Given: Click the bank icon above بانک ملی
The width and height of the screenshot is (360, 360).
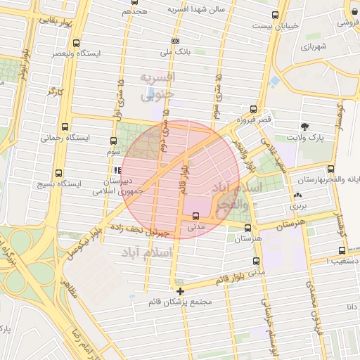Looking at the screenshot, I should (x=175, y=41).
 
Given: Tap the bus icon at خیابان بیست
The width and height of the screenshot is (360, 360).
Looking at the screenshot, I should (x=276, y=15).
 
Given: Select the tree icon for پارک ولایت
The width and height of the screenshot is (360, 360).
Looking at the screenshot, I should (x=304, y=127).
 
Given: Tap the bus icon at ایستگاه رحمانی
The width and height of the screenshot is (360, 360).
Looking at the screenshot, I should (x=65, y=127).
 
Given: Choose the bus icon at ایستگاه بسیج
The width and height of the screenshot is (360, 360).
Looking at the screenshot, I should (x=58, y=172).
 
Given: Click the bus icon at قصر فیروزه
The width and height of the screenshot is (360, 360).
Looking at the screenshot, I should (x=253, y=109).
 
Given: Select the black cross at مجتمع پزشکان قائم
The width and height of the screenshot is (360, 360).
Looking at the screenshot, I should (x=181, y=290).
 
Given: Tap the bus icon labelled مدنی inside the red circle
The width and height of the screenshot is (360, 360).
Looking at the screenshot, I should (x=195, y=217).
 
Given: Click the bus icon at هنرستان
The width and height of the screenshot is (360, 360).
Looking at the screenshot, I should (x=247, y=228).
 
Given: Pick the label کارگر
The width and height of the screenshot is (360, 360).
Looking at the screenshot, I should (x=56, y=91).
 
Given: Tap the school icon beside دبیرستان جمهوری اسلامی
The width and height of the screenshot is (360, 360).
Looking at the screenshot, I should (x=117, y=170).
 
